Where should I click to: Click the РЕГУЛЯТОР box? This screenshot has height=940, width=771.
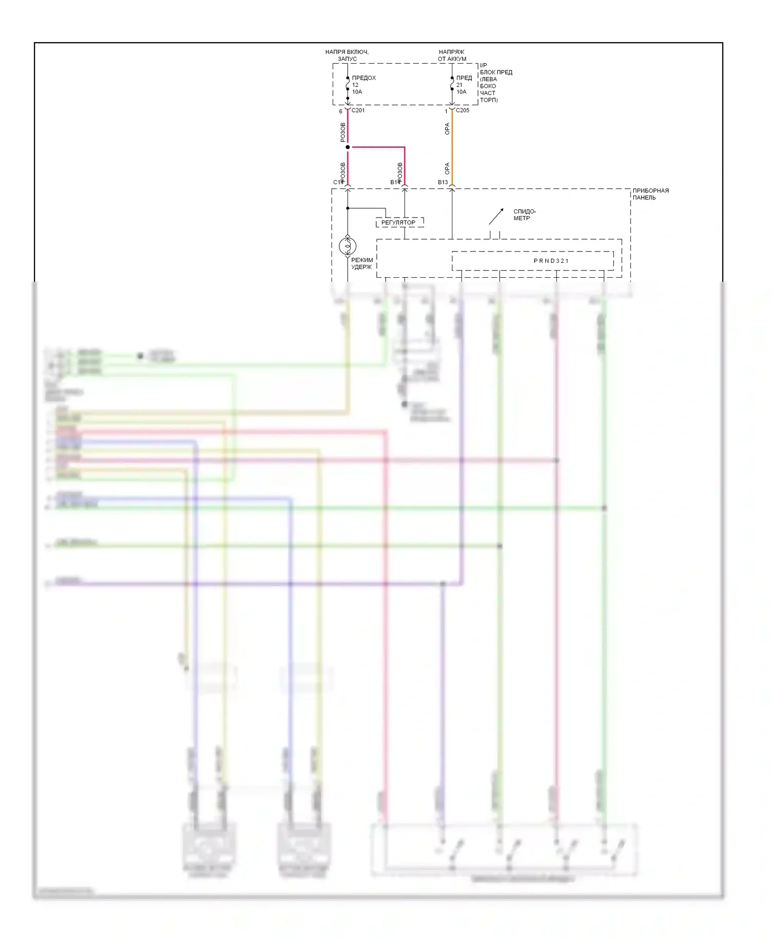399,223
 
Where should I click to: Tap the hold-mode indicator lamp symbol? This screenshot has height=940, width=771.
348,246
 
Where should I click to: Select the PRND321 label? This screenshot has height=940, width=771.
551,261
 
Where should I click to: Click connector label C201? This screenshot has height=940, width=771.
358,111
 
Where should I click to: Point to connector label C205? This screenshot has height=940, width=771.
463,111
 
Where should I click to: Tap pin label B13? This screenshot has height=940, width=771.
443,183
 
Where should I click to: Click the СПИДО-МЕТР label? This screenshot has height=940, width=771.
524,215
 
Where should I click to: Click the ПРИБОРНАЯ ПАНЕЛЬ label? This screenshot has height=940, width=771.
650,194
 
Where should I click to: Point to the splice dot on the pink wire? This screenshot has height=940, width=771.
348,148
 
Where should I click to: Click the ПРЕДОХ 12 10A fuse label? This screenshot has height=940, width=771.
363,85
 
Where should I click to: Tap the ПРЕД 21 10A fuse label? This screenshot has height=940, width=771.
464,85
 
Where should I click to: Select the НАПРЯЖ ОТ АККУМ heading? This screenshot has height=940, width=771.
452,56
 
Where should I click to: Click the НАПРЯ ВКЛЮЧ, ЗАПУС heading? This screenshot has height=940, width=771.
347,56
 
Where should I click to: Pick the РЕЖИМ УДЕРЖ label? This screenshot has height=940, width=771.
362,263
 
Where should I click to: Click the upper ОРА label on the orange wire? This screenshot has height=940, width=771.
447,129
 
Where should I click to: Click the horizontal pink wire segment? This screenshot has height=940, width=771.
376,148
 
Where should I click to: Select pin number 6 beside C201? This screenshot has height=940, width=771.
340,112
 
